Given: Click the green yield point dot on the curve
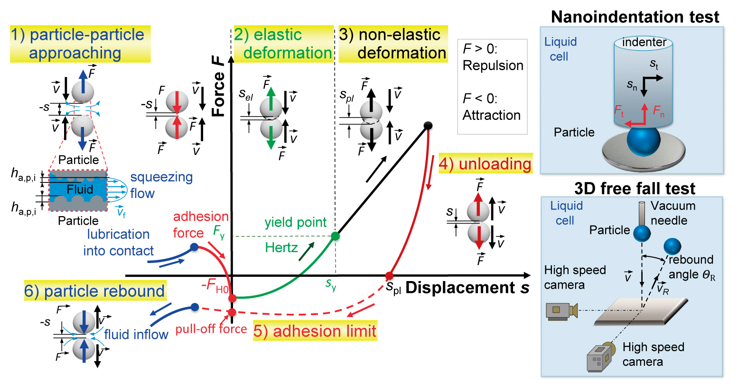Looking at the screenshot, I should click(335, 236).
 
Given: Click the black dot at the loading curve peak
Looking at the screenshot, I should click(428, 126).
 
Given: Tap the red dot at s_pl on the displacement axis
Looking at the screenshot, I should click(389, 276).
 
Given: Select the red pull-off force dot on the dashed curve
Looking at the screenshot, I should click(232, 312).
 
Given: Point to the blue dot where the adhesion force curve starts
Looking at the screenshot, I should click(194, 247).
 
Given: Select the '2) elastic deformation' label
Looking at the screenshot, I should click(283, 44).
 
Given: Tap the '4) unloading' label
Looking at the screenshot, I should click(485, 164).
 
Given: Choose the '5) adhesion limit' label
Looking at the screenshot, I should click(315, 331).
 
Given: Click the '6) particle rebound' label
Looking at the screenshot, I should click(94, 291).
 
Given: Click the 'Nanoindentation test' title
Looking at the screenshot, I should click(635, 17).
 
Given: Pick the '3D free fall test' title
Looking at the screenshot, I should click(635, 189).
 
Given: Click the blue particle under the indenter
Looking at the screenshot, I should click(643, 141).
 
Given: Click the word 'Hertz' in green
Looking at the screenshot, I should click(281, 247).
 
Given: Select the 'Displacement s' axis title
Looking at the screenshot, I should click(467, 288).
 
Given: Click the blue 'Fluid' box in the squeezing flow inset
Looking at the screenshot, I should click(79, 190).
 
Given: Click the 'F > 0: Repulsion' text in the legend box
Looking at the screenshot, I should click(493, 57).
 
